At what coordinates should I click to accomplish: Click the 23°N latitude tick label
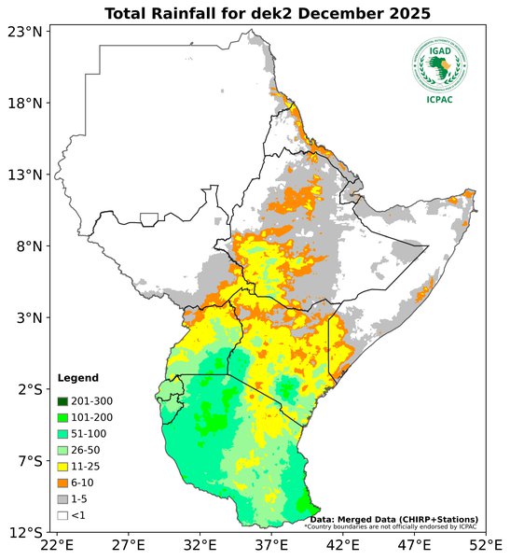coord(25,32)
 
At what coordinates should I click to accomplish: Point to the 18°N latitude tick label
coord(25,103)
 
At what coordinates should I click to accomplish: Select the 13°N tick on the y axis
coord(25,175)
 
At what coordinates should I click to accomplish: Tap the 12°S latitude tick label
coord(25,532)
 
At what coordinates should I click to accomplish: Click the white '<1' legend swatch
coord(63,514)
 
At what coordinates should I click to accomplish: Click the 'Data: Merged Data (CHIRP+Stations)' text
coord(394,519)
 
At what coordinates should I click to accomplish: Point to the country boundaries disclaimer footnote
coord(390,527)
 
